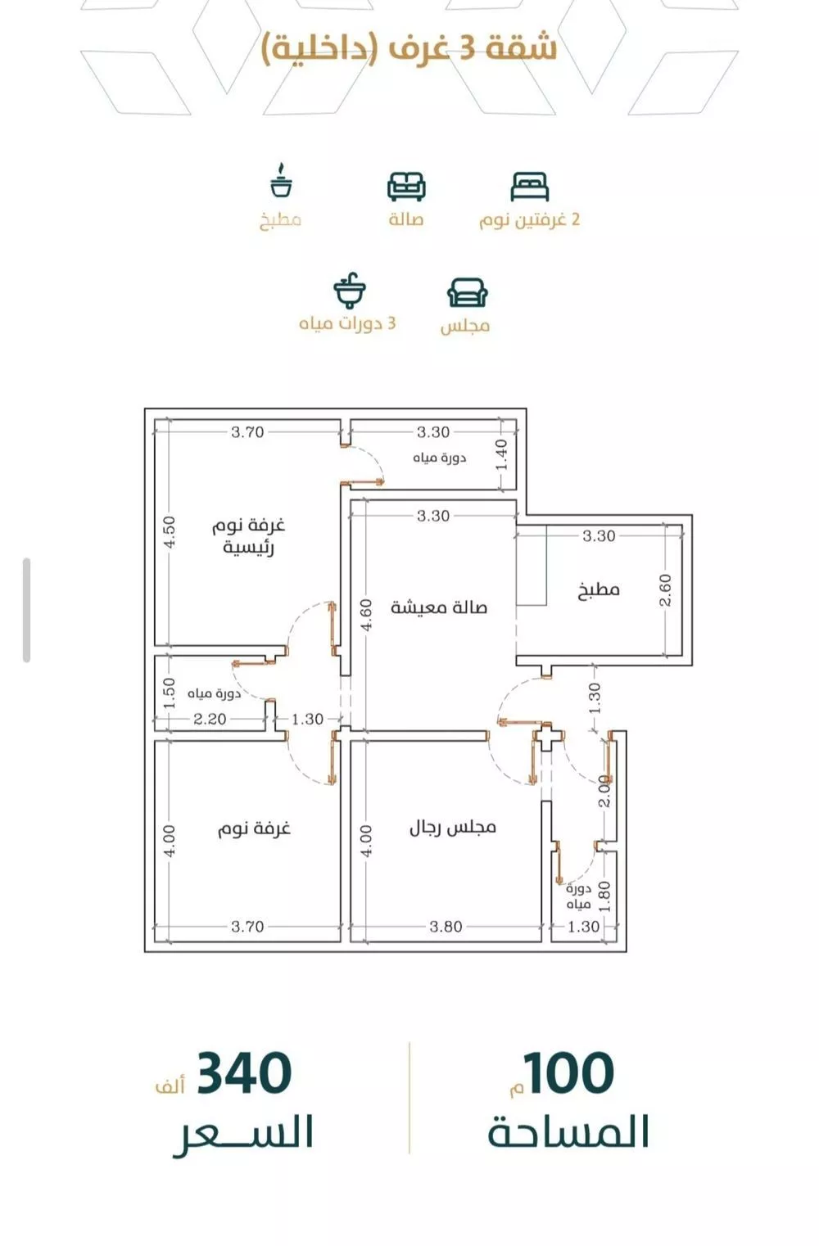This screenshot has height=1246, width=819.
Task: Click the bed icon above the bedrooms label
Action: click(530, 187)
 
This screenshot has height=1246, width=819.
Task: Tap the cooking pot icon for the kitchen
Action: click(282, 180)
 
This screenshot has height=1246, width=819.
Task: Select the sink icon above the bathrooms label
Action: click(350, 291)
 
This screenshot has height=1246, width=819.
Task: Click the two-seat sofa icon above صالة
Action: click(407, 187)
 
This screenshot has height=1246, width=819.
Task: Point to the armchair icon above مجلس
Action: click(468, 292)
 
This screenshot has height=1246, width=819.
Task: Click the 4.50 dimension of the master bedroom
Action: click(170, 532)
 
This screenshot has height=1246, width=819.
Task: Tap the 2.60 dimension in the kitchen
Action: click(665, 589)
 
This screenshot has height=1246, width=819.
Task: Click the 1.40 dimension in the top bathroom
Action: click(501, 454)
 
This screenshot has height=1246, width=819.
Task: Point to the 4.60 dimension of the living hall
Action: click(365, 615)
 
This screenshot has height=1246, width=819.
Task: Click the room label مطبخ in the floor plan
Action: click(599, 589)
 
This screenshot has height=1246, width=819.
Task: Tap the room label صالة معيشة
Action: click(439, 607)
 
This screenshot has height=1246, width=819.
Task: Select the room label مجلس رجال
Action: click(453, 827)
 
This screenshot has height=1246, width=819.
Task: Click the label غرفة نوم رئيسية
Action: click(248, 535)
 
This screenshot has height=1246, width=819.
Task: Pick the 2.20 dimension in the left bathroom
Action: click(210, 719)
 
